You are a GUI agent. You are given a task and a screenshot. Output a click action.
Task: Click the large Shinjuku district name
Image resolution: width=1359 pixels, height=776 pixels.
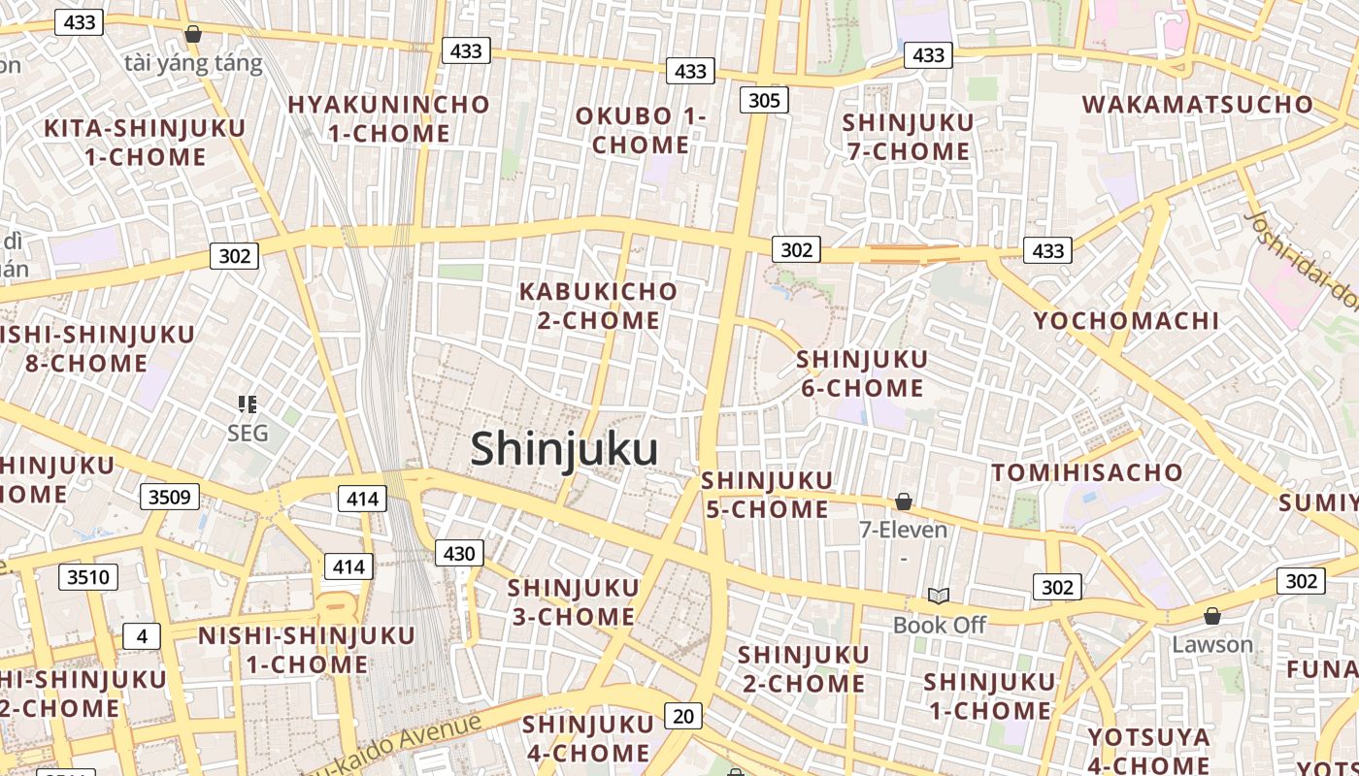tap(564, 449)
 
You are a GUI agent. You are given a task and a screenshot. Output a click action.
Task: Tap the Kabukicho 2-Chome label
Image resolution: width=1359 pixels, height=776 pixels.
tap(598, 306)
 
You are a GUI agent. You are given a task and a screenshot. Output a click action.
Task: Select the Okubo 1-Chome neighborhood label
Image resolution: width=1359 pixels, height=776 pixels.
tap(641, 131)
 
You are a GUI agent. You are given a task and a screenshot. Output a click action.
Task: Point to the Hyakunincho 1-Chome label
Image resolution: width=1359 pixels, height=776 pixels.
tap(388, 118)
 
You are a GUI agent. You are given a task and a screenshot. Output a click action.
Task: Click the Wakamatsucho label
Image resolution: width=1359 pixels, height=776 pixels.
tap(1197, 105)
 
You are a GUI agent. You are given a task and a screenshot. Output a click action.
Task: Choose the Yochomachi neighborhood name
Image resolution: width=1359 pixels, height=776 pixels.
tap(1126, 321)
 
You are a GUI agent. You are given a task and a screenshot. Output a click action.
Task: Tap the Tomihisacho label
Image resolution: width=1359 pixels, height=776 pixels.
tap(1087, 473)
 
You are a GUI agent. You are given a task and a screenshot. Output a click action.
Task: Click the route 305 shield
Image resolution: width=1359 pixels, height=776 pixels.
tap(764, 100)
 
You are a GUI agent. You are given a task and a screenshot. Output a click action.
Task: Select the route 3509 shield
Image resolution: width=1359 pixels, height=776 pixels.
tap(170, 498)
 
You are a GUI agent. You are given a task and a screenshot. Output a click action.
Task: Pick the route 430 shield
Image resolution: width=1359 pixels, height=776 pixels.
tap(458, 554)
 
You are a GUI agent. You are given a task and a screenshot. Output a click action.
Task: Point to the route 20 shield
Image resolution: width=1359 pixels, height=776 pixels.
tap(683, 716)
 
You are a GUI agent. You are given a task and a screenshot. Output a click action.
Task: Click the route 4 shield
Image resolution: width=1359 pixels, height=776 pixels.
tap(142, 636)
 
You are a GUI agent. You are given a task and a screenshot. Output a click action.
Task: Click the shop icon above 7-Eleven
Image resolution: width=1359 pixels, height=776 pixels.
tap(903, 501)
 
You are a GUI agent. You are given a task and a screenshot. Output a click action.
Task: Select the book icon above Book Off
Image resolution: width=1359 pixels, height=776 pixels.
tap(938, 596)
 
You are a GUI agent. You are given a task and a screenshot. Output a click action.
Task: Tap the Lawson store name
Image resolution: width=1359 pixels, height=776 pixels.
tap(1211, 644)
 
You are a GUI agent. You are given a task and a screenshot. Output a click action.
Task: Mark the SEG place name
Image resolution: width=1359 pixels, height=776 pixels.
tap(247, 433)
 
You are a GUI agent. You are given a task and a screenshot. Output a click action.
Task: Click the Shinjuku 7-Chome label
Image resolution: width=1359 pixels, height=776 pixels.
tap(908, 137)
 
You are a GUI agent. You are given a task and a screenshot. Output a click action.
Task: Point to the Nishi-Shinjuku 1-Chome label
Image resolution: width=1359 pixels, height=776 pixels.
tap(307, 650)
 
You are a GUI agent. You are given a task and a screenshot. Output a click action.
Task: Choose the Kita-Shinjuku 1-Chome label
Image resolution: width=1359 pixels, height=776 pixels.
tap(145, 142)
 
